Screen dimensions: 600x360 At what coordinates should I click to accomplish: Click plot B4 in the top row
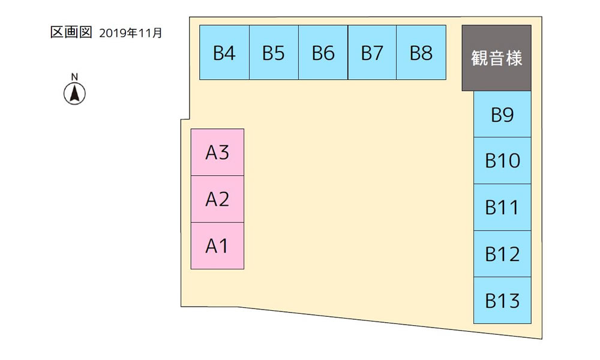click(x=224, y=52)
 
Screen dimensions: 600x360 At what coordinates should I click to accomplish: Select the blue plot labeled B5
click(x=274, y=52)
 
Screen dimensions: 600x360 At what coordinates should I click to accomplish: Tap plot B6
click(x=323, y=52)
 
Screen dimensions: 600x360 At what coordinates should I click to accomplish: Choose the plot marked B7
click(x=372, y=52)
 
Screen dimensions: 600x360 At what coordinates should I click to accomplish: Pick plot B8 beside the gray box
click(x=421, y=52)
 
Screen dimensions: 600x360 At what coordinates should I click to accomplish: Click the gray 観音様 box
click(x=496, y=58)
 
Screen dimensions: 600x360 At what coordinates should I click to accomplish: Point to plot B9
click(x=502, y=114)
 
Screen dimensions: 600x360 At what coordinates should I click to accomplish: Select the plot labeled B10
click(x=502, y=160)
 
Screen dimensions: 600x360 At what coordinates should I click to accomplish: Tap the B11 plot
click(x=502, y=208)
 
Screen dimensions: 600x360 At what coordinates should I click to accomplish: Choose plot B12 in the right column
click(x=502, y=254)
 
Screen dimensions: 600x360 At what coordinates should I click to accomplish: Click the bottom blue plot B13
click(x=502, y=301)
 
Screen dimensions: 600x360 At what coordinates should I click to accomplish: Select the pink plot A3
click(x=217, y=152)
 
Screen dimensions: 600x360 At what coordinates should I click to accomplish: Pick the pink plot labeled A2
click(x=217, y=199)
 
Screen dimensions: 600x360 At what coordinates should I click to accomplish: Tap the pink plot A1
click(x=217, y=245)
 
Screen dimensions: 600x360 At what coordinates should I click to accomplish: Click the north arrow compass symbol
click(x=74, y=94)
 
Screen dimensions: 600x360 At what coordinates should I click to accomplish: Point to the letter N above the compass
click(x=74, y=77)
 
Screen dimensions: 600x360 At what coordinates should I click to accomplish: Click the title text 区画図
click(x=71, y=32)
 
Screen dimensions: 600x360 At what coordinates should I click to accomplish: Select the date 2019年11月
click(x=130, y=33)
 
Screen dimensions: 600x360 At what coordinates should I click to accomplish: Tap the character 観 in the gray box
click(x=479, y=58)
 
